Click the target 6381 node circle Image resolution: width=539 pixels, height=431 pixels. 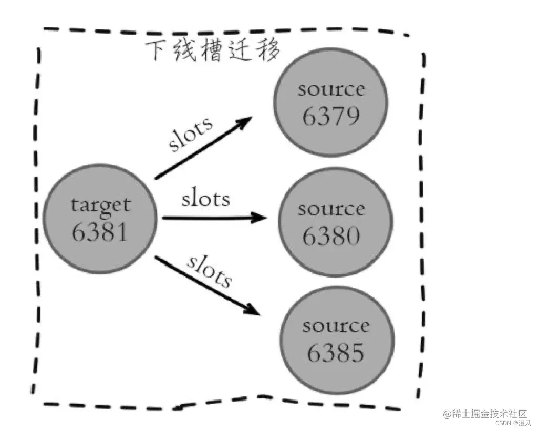click(x=100, y=219)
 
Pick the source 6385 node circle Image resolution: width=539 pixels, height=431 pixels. click(x=336, y=338)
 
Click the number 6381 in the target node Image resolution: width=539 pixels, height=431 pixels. click(x=100, y=231)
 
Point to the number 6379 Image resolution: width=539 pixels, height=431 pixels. click(x=331, y=115)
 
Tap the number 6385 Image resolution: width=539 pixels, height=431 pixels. click(x=336, y=353)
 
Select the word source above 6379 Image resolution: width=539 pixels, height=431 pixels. click(x=331, y=89)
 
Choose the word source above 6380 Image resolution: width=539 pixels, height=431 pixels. click(x=331, y=209)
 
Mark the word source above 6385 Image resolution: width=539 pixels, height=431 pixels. click(x=336, y=326)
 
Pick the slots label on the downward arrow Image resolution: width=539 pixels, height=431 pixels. click(x=209, y=271)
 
